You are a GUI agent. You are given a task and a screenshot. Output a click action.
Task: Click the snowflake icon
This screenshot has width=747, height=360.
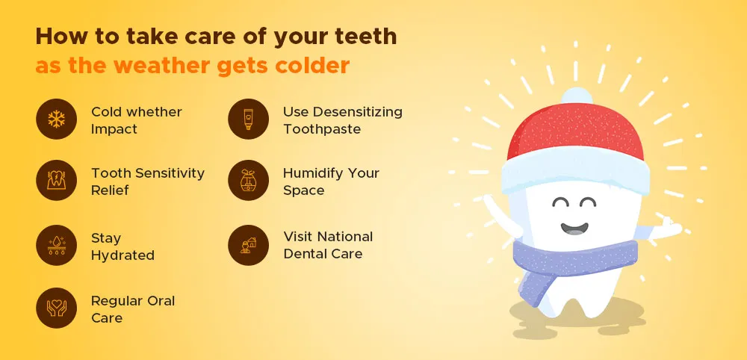coord(56,119)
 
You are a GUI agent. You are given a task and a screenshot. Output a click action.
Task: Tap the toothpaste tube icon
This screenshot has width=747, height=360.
coord(248,119)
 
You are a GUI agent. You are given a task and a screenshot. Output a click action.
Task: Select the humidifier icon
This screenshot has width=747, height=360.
coord(248,181)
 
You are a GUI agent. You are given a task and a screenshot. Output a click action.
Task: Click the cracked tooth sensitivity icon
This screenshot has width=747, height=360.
coord(56,181)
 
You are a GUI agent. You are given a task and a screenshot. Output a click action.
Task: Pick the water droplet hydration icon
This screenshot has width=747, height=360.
coord(56,245)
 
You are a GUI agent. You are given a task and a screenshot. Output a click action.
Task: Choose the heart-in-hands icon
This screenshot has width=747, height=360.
coord(56,308)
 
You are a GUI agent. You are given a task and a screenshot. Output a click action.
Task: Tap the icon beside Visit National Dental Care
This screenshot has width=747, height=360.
coord(248,245)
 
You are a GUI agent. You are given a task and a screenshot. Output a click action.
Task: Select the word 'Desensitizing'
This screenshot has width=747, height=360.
coord(359,112)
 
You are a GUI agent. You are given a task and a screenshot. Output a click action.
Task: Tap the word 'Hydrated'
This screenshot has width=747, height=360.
coord(123,255)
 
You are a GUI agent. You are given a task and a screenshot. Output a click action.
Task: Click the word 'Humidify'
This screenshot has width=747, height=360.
coord(312,173)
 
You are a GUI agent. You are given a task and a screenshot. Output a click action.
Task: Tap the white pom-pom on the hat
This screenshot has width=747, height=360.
coord(576,96)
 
